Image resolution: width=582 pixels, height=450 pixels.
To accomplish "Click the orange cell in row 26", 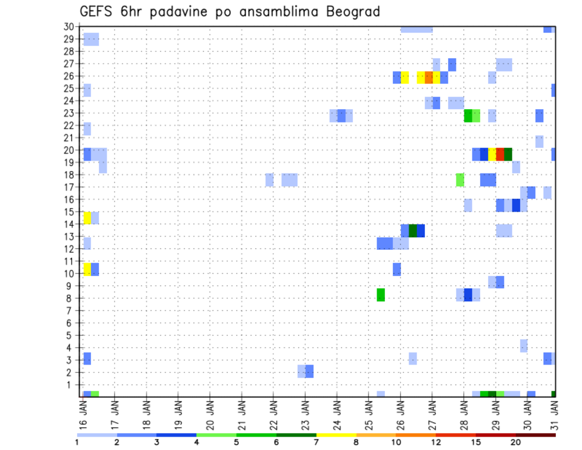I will pos(429,78).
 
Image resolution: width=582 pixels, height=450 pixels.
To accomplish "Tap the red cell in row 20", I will pos(500,154).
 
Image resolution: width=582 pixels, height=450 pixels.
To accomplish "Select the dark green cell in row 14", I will pos(413,230).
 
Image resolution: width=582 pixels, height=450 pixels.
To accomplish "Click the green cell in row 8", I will pos(381,295).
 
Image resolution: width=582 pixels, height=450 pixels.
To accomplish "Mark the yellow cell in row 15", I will pos(87,218).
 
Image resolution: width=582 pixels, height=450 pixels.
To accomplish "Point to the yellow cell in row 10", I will pos(87,269).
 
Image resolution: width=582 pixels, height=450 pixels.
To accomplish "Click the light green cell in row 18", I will pos(460,180).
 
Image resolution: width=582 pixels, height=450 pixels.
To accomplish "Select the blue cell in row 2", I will pos(309,371).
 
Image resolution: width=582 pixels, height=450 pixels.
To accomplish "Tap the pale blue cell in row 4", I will pos(524,346).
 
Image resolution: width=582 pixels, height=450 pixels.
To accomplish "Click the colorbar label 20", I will pos(516,442).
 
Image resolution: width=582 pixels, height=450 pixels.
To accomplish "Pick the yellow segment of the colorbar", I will pos(336,435).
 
